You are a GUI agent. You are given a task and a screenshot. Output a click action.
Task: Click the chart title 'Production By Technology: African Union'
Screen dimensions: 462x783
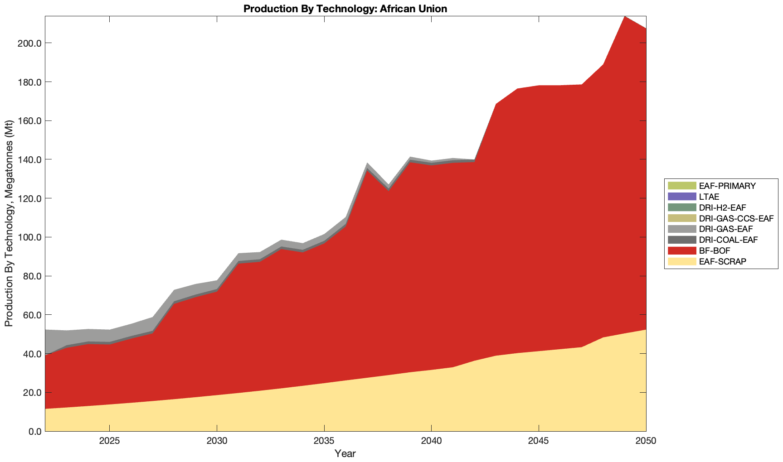(345, 9)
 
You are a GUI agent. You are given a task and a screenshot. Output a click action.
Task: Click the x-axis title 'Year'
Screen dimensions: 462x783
(345, 453)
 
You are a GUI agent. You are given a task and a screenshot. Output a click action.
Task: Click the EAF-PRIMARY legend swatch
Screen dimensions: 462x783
(681, 186)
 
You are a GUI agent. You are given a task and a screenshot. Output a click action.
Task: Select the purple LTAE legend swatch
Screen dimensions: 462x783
(681, 197)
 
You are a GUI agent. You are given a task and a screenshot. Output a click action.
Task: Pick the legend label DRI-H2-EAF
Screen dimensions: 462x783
(722, 207)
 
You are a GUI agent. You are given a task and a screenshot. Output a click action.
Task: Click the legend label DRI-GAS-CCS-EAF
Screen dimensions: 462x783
(736, 218)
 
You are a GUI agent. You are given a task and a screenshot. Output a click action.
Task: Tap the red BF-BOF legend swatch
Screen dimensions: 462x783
(681, 250)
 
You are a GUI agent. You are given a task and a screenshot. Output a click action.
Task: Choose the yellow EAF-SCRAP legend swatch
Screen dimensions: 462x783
(681, 261)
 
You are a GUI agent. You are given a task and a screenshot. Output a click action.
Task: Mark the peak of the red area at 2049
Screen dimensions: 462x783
(625, 17)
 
